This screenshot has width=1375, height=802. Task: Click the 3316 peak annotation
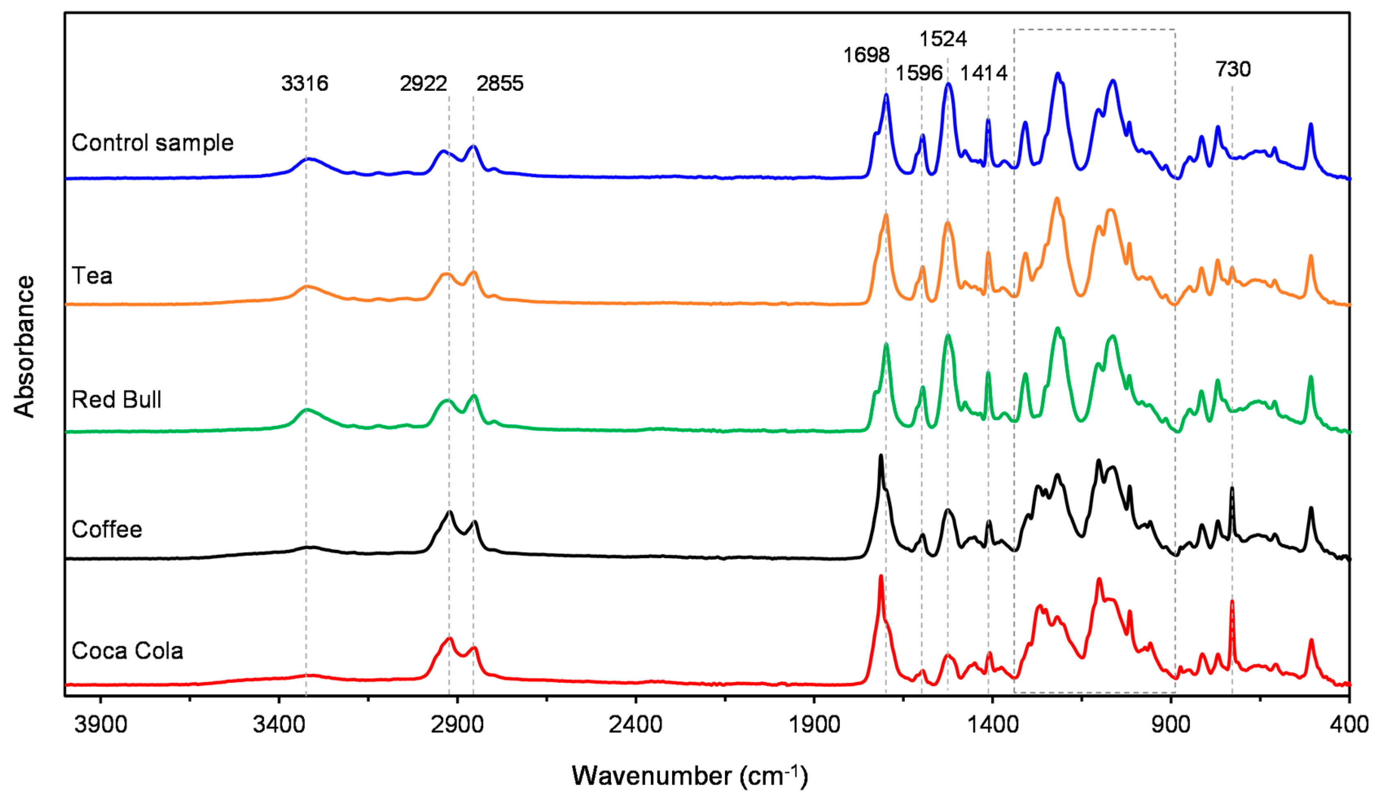pyautogui.click(x=304, y=83)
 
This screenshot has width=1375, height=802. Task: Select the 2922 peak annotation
pyautogui.click(x=423, y=83)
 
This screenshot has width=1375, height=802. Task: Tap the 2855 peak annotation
pyautogui.click(x=500, y=83)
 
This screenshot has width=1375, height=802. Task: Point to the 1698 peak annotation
pyautogui.click(x=867, y=55)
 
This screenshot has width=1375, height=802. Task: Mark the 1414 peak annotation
pyautogui.click(x=984, y=72)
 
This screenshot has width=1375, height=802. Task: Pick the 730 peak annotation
pyautogui.click(x=1233, y=69)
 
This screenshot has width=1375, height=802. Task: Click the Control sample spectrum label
pyautogui.click(x=153, y=143)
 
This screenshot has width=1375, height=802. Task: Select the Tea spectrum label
pyautogui.click(x=92, y=276)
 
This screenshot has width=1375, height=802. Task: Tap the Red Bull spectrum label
pyautogui.click(x=117, y=400)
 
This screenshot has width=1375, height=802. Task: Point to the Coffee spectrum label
pyautogui.click(x=107, y=530)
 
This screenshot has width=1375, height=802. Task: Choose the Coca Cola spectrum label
pyautogui.click(x=127, y=651)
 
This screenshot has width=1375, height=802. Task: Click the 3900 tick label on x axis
pyautogui.click(x=101, y=725)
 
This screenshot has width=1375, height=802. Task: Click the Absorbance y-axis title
pyautogui.click(x=24, y=347)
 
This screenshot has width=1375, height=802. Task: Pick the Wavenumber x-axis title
pyautogui.click(x=690, y=775)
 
